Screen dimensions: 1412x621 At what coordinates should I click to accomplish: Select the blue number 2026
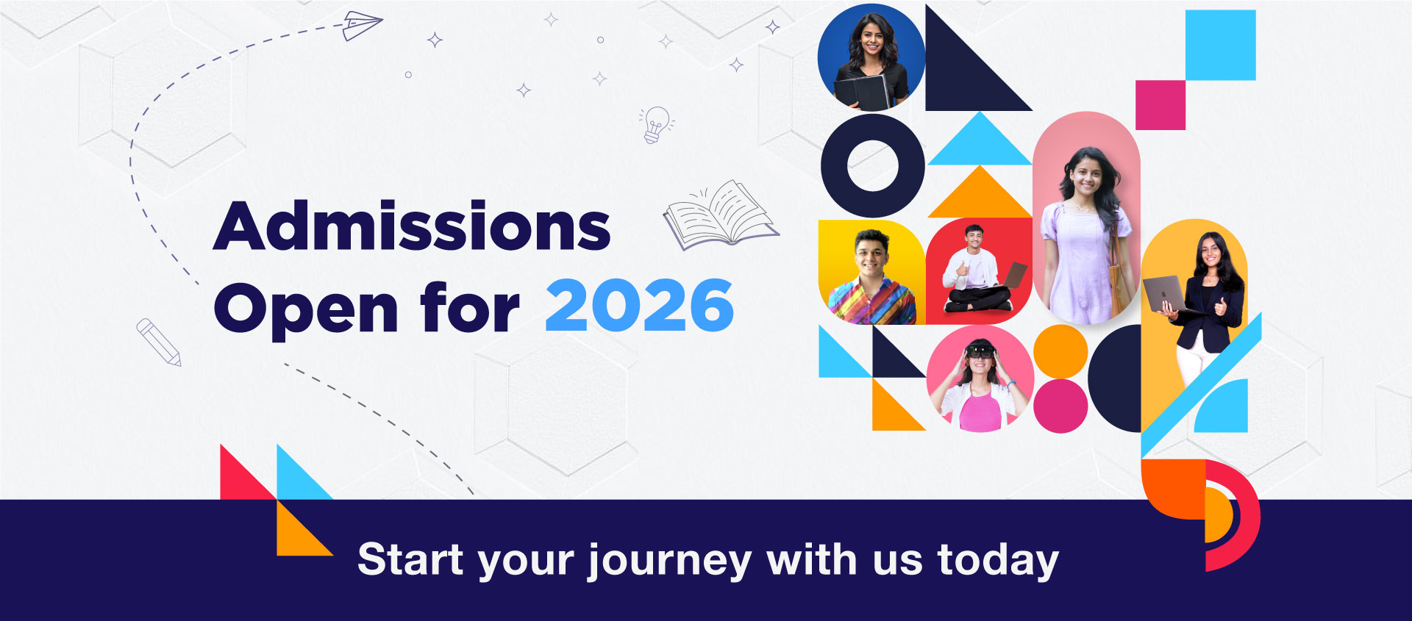[639, 306]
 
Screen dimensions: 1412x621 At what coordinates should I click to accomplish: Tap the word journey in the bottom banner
[669, 562]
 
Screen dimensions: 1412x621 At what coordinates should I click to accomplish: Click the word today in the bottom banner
[998, 561]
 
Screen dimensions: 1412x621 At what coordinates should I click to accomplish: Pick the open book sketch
[721, 215]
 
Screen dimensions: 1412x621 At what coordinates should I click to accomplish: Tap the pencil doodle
[158, 342]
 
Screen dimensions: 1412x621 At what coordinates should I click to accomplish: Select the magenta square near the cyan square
[1160, 105]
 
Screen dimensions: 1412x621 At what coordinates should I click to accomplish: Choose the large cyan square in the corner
[1220, 45]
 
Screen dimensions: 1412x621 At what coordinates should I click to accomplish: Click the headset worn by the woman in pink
[980, 351]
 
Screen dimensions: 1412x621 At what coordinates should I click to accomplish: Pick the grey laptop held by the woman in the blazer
[1166, 294]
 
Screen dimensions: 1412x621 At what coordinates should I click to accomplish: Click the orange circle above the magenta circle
[1060, 351]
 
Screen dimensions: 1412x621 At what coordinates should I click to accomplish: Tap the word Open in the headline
[306, 309]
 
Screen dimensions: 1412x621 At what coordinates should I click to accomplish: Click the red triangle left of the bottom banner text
[248, 472]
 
